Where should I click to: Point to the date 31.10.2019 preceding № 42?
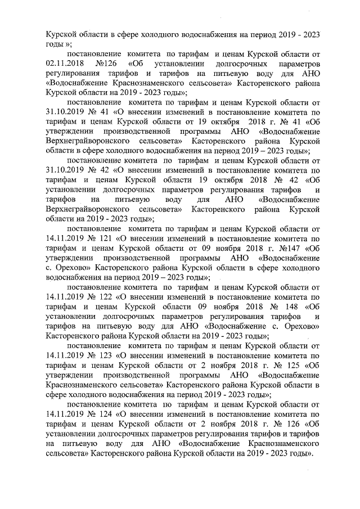click(67, 169)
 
